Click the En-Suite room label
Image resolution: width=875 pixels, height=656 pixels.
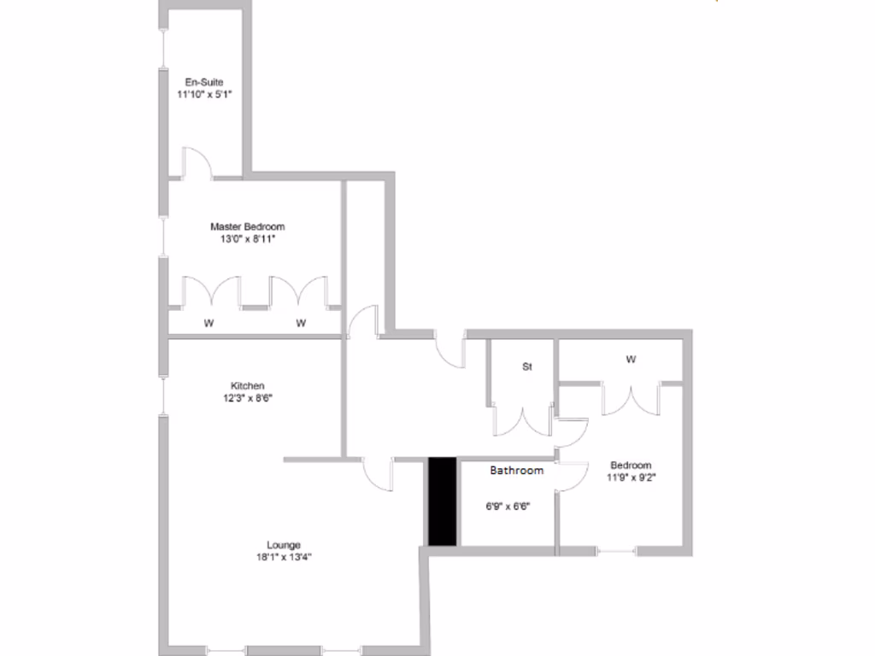[x=204, y=82]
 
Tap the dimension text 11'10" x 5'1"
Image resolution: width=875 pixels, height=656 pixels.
[x=204, y=95]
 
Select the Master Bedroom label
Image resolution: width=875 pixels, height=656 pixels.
[x=247, y=226]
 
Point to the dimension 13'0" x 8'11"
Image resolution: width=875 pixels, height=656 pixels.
[x=247, y=239]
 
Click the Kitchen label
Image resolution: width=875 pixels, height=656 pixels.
[x=247, y=385]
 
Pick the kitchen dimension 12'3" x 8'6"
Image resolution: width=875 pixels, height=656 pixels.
[x=247, y=398]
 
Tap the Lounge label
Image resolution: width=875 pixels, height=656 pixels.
[x=283, y=545]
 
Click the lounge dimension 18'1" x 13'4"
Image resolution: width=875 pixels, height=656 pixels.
[x=283, y=558]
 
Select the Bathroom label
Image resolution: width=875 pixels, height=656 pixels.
[x=516, y=471]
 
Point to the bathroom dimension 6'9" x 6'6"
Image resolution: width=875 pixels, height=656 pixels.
[x=508, y=506]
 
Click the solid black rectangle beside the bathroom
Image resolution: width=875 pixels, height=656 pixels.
[x=442, y=501]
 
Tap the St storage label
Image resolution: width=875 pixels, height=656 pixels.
[x=527, y=366]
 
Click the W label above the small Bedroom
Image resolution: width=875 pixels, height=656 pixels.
[x=631, y=360]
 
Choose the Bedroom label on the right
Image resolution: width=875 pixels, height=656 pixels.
[x=631, y=466]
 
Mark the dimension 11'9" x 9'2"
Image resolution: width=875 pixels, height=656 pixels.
[x=631, y=478]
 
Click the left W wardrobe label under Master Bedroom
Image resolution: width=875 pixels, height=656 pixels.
[x=208, y=323]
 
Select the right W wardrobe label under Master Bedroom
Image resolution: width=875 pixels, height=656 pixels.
[x=301, y=323]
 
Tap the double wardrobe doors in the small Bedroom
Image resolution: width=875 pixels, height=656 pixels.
[x=631, y=399]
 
